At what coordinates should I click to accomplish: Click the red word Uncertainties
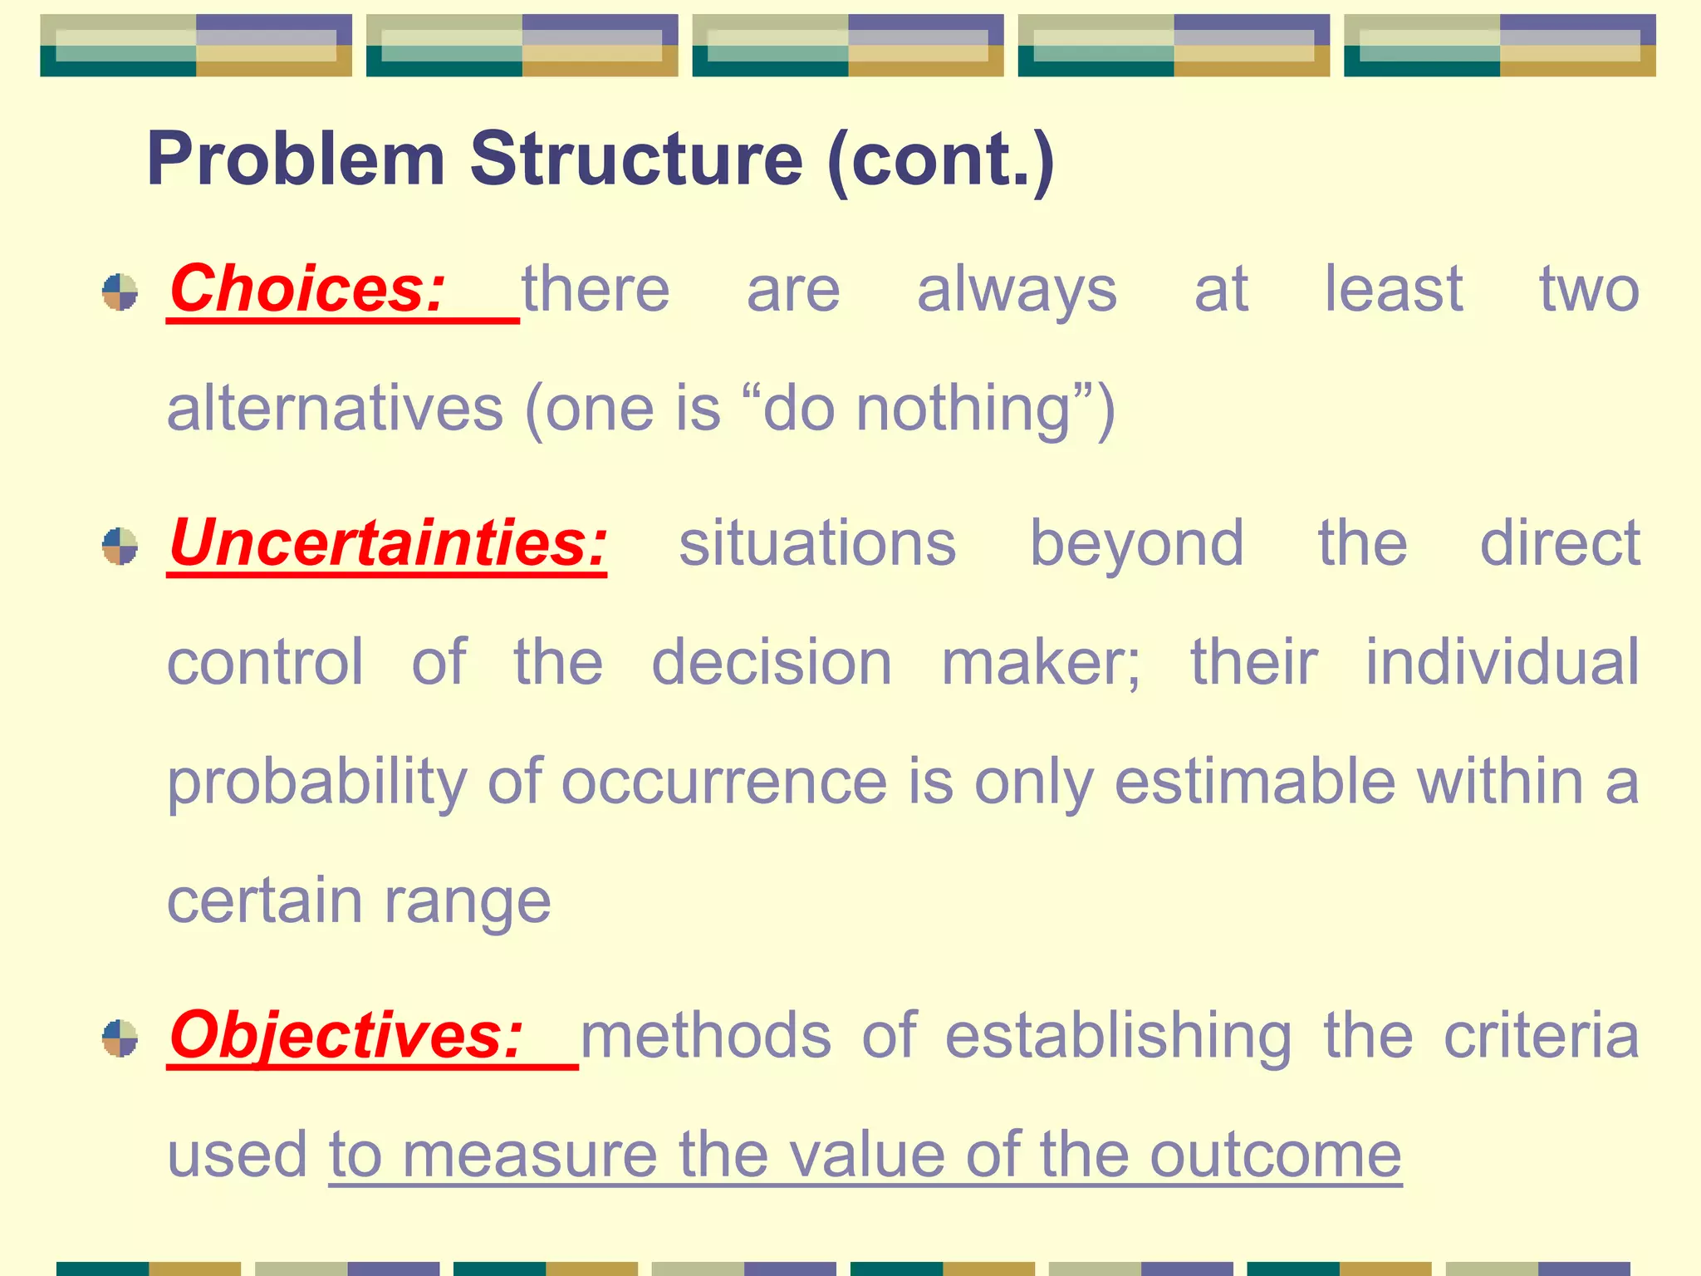388,543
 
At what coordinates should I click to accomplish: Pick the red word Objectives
346,1036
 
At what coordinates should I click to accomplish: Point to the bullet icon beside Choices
120,292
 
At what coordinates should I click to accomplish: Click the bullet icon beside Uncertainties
120,546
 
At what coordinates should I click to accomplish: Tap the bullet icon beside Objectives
120,1038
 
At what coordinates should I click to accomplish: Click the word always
1017,291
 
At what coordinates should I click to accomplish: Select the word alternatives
336,409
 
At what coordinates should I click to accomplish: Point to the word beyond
1137,545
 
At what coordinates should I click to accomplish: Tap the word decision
772,663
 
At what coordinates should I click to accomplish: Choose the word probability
317,783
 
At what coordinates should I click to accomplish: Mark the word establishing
1118,1038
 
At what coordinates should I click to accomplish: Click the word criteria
1542,1036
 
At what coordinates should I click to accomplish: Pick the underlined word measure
529,1156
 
